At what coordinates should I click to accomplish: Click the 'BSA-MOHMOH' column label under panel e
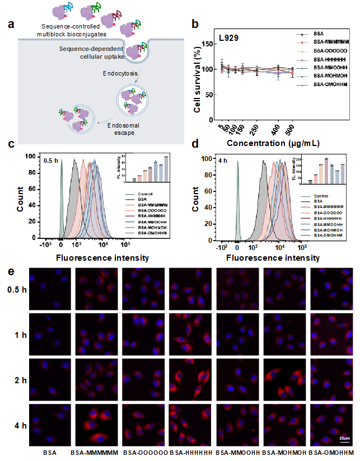click(283, 451)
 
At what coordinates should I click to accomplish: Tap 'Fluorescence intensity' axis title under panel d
click(273, 258)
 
